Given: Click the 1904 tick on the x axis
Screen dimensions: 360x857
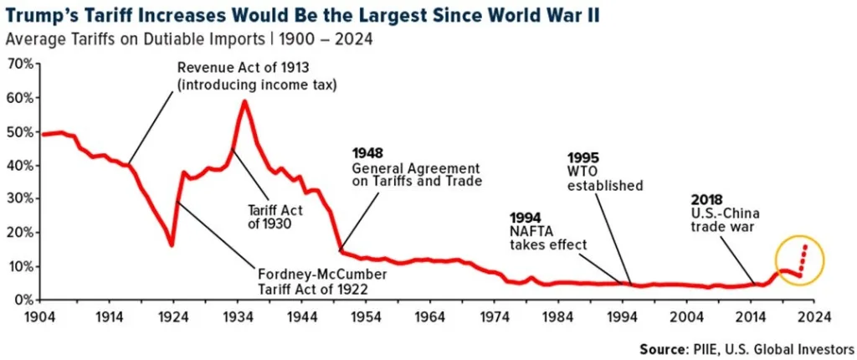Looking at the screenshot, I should [42, 317].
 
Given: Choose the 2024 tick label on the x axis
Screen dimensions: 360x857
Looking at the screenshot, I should [819, 317].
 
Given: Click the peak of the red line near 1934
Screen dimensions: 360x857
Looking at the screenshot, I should [244, 101].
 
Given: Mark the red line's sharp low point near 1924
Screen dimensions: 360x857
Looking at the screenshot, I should [171, 244].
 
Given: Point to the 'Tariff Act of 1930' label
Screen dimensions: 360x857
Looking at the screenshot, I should [275, 217].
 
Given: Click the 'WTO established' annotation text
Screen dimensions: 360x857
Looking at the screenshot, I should [604, 178].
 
